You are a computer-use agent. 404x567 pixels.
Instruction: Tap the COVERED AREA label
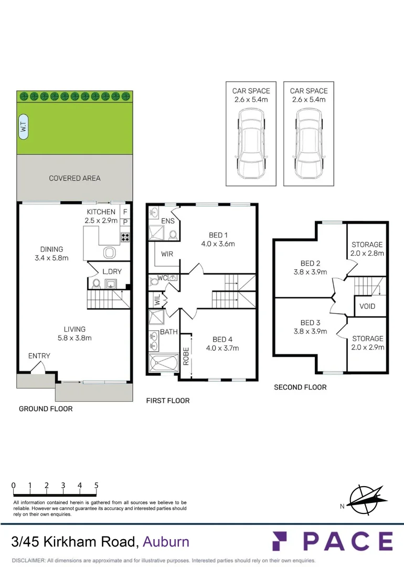point(75,178)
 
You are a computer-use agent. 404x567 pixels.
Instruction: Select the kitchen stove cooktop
point(125,236)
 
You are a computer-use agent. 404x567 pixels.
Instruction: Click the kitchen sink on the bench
point(109,253)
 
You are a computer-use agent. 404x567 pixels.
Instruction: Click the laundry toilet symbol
point(96,284)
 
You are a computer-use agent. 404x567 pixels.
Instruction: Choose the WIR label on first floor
point(167,254)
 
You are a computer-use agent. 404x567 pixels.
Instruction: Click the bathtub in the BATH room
point(164,363)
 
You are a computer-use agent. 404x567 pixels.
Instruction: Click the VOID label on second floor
point(367,306)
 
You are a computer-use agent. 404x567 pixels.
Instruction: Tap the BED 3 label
point(311,322)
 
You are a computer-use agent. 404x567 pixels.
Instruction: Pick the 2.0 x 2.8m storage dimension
point(367,253)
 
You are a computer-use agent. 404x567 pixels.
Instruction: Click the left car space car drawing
point(251,144)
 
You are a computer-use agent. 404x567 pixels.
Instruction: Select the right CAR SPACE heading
point(309,91)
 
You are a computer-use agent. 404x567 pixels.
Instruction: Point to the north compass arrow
point(366,499)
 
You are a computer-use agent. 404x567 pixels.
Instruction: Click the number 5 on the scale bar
point(97,486)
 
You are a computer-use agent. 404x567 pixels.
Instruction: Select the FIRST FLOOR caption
point(167,401)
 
